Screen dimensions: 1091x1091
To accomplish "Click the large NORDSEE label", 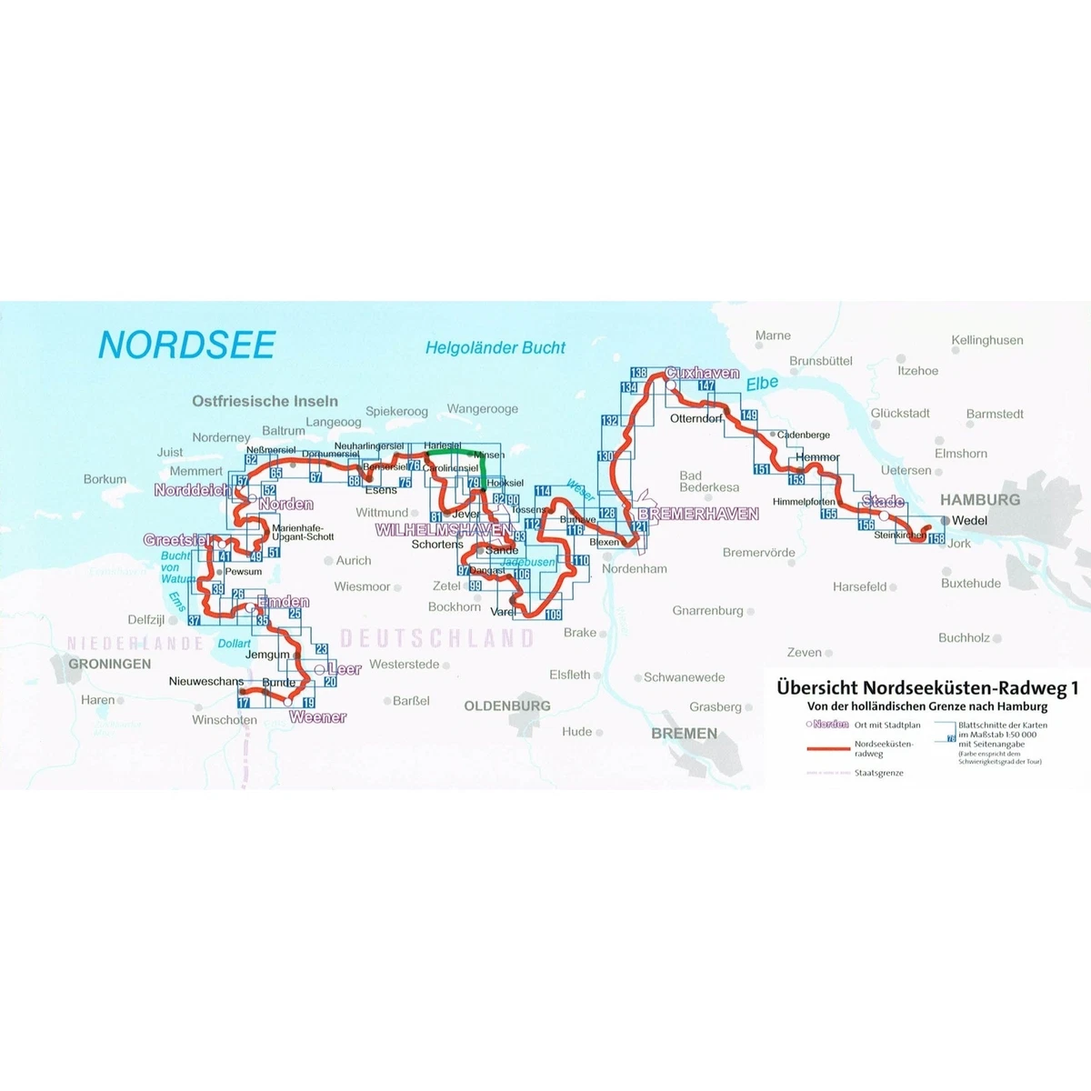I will click(186, 345).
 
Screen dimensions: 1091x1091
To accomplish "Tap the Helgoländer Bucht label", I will click(495, 348).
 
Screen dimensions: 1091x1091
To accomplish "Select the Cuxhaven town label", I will click(702, 374).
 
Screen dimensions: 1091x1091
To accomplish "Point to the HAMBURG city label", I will click(980, 500).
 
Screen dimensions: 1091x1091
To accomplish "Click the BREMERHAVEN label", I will click(698, 515).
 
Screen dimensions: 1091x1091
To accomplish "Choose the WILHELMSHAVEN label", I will click(444, 529).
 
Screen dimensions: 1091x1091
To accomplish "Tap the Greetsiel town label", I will click(177, 540).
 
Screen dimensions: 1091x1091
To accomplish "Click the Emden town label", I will click(284, 602).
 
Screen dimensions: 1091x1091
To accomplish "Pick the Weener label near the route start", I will click(318, 717).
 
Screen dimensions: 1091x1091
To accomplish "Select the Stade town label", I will click(883, 502).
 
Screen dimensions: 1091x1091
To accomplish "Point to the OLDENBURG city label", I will click(507, 706).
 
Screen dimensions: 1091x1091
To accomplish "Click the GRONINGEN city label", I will click(110, 664).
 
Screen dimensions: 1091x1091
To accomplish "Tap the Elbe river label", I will click(762, 384).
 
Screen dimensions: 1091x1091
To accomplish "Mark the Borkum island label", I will click(105, 479).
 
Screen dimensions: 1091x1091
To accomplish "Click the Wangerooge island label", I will click(483, 409).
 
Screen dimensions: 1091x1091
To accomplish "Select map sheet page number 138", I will click(638, 374).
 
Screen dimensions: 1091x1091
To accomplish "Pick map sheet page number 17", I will click(243, 703).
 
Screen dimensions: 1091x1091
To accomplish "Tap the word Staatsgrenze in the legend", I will click(878, 773).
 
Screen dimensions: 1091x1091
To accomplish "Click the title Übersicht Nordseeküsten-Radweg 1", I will click(927, 688).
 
